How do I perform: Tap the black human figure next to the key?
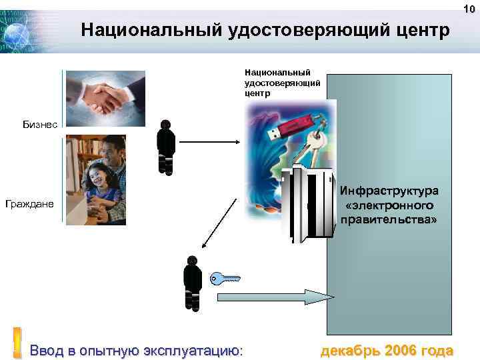pyautogui.click(x=192, y=283)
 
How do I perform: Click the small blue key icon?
pyautogui.click(x=224, y=279)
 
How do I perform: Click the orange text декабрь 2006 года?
pyautogui.click(x=387, y=350)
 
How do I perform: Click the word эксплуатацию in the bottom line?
pyautogui.click(x=189, y=350)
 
